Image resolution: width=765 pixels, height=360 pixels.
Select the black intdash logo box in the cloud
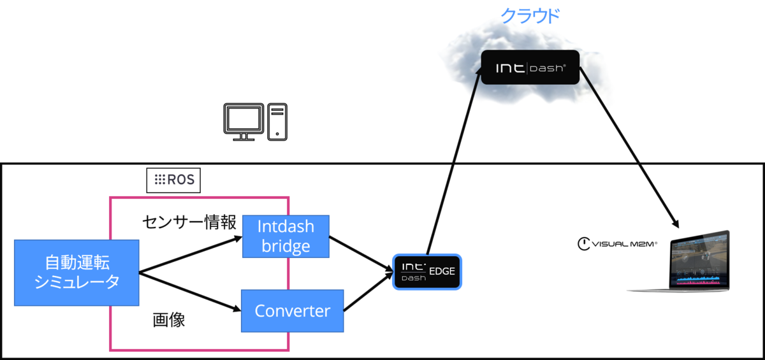pos(530,68)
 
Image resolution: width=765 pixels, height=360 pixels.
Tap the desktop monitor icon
pos(244,121)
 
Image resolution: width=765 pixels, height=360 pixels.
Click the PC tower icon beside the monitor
pos(277,121)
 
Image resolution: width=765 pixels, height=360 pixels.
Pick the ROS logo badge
pos(173,181)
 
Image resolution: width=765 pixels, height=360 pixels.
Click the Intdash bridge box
pos(286,236)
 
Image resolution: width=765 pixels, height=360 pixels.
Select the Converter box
pos(292,311)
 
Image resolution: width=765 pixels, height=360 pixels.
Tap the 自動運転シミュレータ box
pos(76,273)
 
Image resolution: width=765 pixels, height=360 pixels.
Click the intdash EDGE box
pos(426,271)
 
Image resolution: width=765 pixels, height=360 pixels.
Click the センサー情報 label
pos(189,222)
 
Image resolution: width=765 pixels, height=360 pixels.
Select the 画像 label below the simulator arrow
pos(169,320)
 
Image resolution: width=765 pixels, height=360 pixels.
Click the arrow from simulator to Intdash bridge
pos(191,255)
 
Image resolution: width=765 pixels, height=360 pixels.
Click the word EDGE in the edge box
pos(442,271)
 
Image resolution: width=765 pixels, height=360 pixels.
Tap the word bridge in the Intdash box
pos(286,247)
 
